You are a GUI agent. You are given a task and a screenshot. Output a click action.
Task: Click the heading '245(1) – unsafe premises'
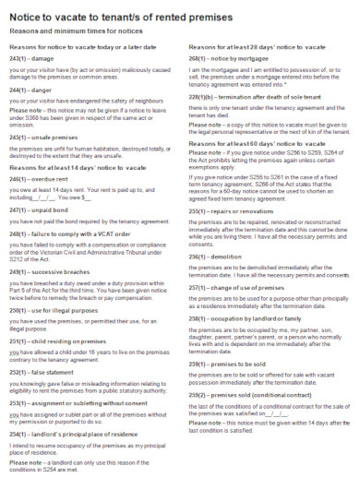pos(43,136)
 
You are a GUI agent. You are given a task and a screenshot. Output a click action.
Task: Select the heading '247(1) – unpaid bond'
pos(39,211)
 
